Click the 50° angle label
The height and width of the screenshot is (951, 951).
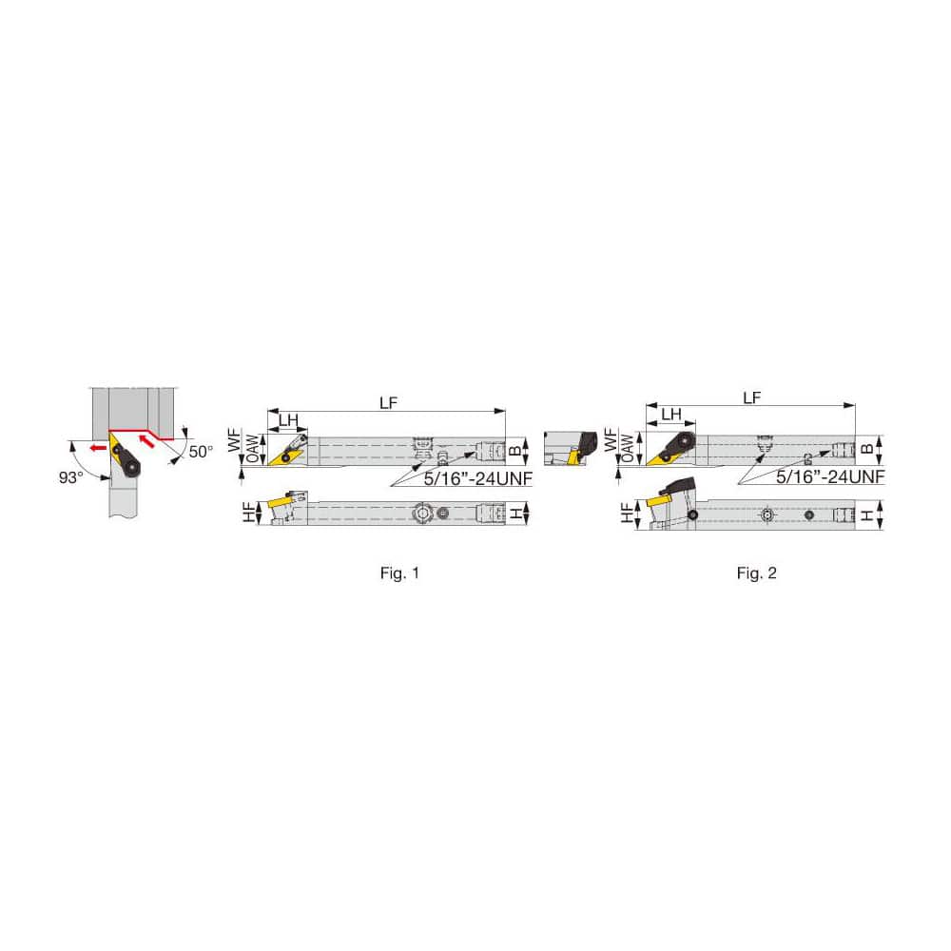tap(201, 452)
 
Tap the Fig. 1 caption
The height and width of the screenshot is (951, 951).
tap(398, 573)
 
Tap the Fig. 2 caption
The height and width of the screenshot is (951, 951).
tap(757, 573)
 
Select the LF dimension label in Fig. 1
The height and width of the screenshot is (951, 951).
tap(387, 402)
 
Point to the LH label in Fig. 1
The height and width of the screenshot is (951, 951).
tap(288, 419)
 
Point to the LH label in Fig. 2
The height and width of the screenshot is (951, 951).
tap(670, 414)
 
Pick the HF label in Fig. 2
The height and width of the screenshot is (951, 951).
tap(627, 513)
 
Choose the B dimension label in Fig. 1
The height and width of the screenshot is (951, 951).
tap(515, 448)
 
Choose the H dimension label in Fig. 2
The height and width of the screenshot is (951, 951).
tap(868, 514)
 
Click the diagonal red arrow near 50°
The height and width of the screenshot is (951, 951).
tap(147, 438)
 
